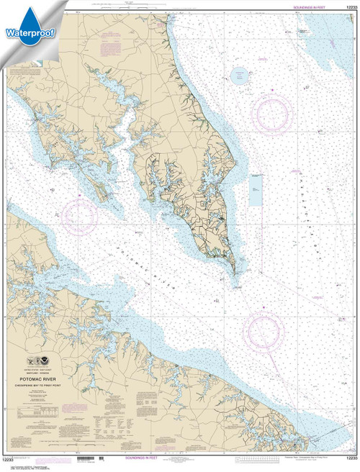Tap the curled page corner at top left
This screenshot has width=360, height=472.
[x=6, y=6]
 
